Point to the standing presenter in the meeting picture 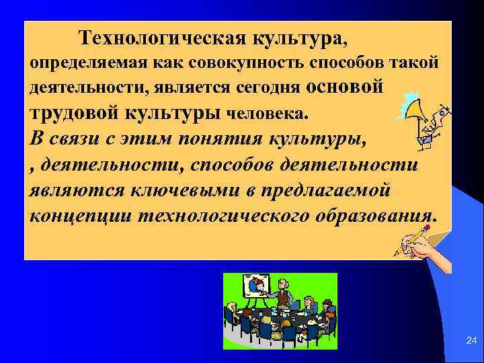coord(284,296)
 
